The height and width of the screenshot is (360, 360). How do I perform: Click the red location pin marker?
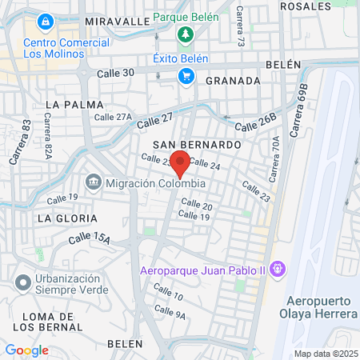(x=181, y=162)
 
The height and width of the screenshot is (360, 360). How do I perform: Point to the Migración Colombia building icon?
(x=94, y=183)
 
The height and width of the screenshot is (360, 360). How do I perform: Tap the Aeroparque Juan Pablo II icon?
(x=278, y=268)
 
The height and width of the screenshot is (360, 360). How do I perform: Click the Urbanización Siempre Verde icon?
(x=22, y=282)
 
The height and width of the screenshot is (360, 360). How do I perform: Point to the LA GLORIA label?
(x=67, y=218)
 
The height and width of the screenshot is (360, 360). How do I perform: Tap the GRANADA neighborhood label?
(x=233, y=81)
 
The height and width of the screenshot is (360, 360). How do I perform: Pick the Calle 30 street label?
(x=115, y=73)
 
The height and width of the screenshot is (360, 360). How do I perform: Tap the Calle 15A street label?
(x=89, y=238)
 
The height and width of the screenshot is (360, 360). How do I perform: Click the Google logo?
(x=26, y=350)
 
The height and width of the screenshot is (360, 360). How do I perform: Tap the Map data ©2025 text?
(x=325, y=354)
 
